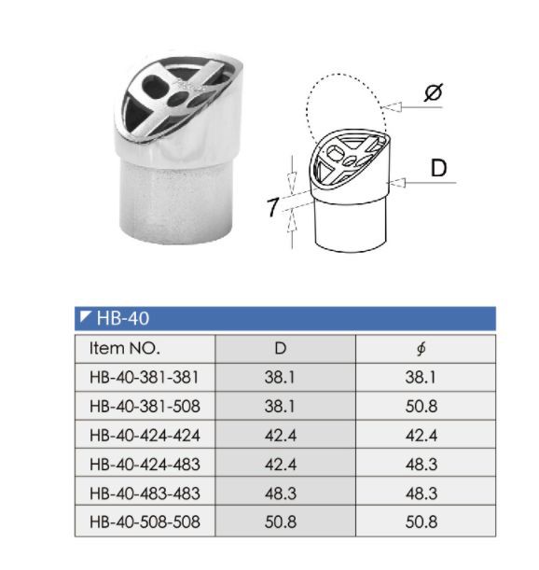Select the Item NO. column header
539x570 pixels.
pyautogui.click(x=125, y=349)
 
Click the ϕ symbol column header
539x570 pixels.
pyautogui.click(x=422, y=349)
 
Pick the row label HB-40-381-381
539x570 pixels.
pyautogui.click(x=145, y=378)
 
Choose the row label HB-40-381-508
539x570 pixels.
pyautogui.click(x=145, y=407)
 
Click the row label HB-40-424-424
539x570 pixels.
pyautogui.click(x=145, y=436)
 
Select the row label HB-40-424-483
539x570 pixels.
pyautogui.click(x=145, y=465)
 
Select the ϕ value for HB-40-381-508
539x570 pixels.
pyautogui.click(x=422, y=407)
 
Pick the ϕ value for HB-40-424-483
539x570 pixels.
pyautogui.click(x=422, y=465)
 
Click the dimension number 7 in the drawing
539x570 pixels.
pyautogui.click(x=273, y=207)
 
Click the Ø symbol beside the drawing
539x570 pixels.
pyautogui.click(x=433, y=94)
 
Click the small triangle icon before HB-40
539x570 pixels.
pyautogui.click(x=85, y=318)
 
